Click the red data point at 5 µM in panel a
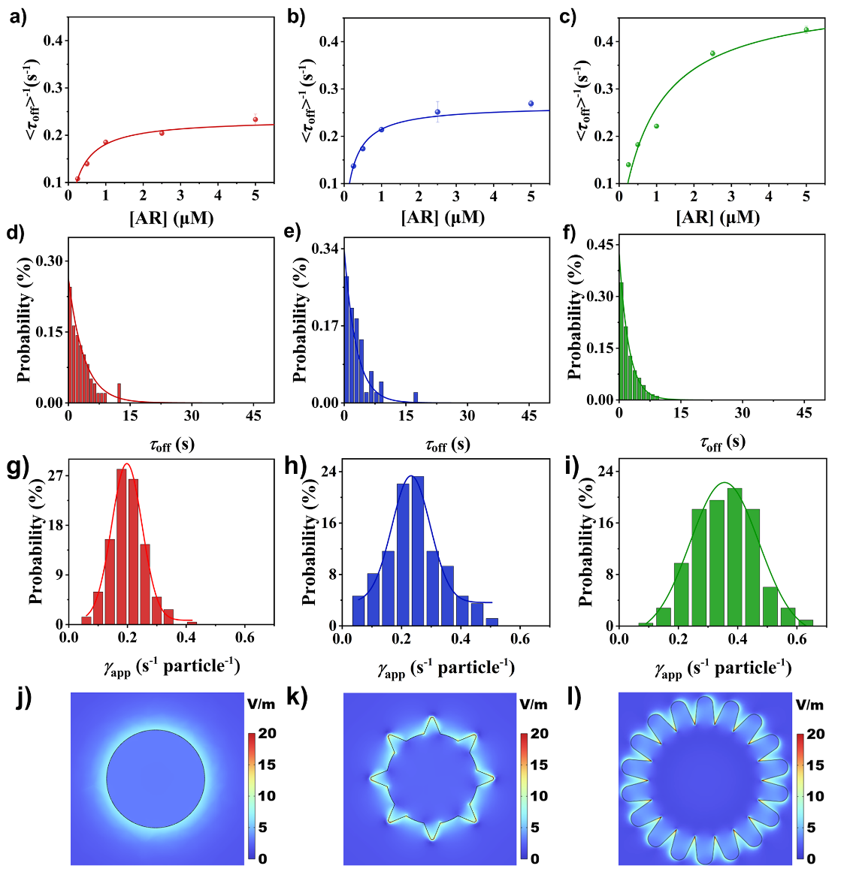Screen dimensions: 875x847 [256, 119]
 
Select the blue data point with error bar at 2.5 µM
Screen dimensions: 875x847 [437, 112]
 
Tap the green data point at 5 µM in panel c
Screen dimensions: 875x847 [806, 30]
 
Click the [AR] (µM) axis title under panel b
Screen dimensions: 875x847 [443, 218]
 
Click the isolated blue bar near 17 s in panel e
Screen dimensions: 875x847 [416, 397]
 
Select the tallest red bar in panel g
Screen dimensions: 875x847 [122, 546]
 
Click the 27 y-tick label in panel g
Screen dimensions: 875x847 [55, 475]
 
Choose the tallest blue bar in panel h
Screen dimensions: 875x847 [419, 551]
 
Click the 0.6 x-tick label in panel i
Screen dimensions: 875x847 [796, 641]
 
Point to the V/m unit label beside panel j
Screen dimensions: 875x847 [261, 704]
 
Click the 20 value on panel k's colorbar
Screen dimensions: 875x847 [539, 734]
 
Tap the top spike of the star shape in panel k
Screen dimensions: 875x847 [432, 719]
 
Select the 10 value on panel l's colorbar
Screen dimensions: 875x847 [815, 796]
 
